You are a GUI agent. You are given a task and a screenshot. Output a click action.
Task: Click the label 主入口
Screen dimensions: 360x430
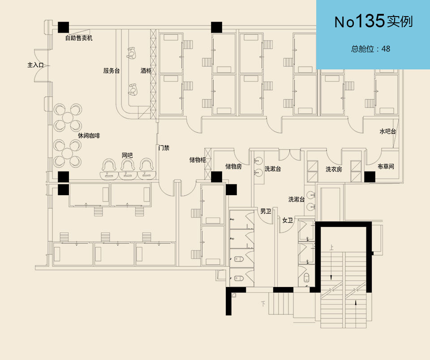(x=35, y=65)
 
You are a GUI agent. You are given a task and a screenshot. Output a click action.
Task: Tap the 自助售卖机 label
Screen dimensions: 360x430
(x=79, y=38)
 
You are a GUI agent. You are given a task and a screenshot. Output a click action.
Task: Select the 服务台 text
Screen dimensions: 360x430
(x=111, y=71)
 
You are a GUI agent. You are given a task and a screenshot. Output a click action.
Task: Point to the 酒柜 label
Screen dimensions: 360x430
(x=146, y=71)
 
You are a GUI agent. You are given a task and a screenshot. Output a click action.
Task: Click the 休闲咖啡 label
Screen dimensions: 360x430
(x=89, y=135)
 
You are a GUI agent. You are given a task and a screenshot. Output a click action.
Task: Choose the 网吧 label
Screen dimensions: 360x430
(x=127, y=155)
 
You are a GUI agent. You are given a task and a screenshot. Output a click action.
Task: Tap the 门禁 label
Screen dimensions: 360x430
(x=164, y=148)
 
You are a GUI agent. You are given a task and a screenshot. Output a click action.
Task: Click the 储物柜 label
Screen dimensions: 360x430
(x=197, y=159)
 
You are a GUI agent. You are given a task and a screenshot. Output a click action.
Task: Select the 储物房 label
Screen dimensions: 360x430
(x=233, y=167)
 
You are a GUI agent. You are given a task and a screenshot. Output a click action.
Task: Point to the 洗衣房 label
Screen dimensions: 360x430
(x=334, y=169)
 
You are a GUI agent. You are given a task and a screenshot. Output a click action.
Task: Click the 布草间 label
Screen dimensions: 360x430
(x=386, y=167)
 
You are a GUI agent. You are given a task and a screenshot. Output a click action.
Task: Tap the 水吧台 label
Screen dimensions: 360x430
(x=387, y=131)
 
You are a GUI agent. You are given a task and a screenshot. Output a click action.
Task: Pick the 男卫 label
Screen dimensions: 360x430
(x=266, y=211)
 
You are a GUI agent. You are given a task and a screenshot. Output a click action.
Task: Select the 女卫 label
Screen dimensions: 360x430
(x=287, y=220)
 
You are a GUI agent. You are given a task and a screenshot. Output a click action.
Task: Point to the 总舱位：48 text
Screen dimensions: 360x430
(x=370, y=49)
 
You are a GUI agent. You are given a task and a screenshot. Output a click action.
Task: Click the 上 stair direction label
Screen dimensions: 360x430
(x=331, y=247)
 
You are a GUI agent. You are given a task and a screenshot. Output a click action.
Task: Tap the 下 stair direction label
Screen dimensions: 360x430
(x=263, y=304)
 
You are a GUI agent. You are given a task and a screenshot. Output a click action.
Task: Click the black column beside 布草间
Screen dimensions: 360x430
(x=370, y=177)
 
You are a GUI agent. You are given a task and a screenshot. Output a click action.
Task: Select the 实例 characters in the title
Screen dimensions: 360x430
(x=399, y=21)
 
